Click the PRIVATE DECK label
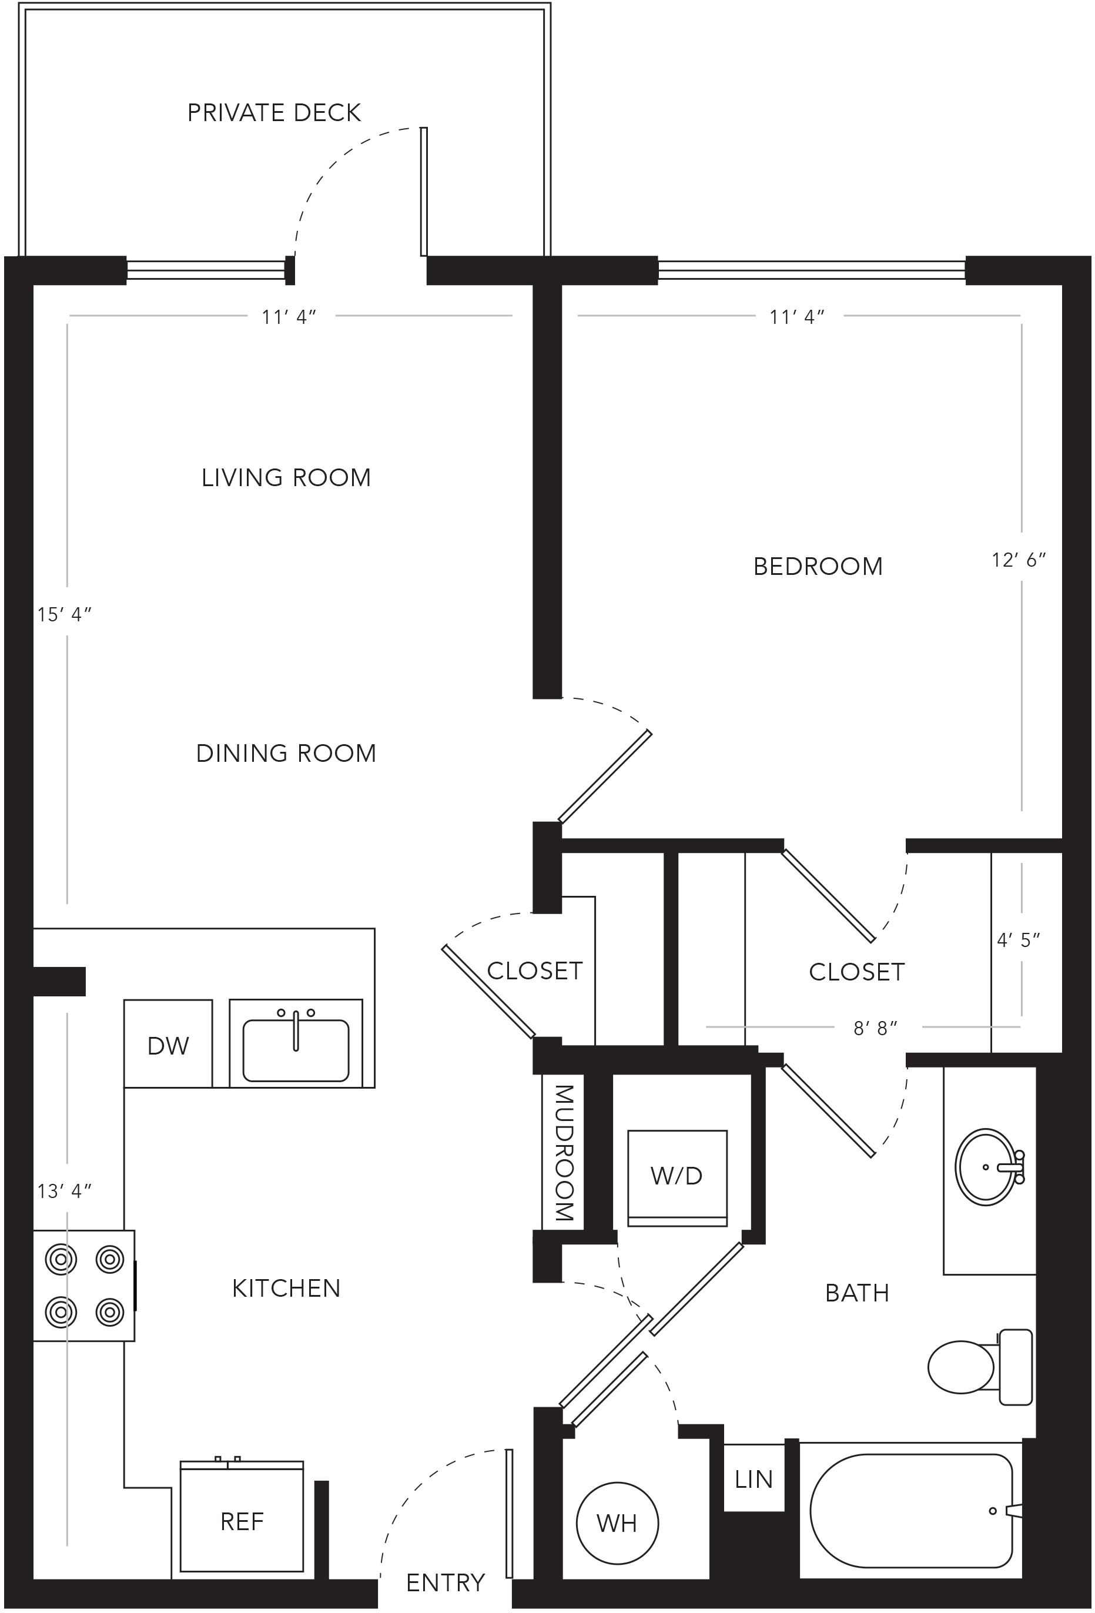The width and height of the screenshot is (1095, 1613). point(274,112)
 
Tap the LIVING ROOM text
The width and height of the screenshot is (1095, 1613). point(286,477)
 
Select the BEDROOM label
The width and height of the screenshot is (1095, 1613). point(818,566)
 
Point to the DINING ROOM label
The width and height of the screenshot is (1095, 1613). point(286,753)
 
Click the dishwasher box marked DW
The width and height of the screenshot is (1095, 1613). point(168,1043)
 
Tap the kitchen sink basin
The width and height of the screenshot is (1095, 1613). point(296,1050)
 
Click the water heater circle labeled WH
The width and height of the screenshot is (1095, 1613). point(617,1524)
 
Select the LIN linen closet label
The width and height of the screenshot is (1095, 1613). point(754,1480)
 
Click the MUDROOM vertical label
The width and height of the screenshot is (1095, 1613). point(564,1153)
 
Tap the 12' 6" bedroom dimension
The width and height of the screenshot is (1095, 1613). point(1018,560)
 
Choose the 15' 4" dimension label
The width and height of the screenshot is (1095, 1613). point(65,614)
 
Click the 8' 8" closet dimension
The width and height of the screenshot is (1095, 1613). point(876,1028)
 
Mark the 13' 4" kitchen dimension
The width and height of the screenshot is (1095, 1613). point(65,1191)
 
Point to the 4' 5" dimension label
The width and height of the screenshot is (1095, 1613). point(1019,940)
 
